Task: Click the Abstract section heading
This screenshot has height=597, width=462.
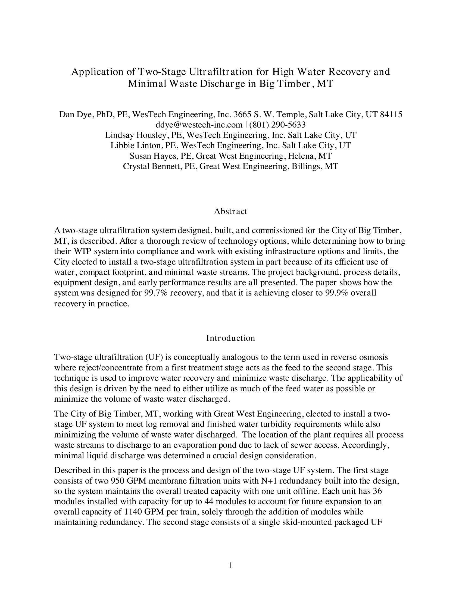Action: point(230,211)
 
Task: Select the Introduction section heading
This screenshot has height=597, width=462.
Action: point(230,338)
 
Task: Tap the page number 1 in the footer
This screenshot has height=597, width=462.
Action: point(231,565)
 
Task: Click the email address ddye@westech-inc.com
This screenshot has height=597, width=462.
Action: point(199,125)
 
